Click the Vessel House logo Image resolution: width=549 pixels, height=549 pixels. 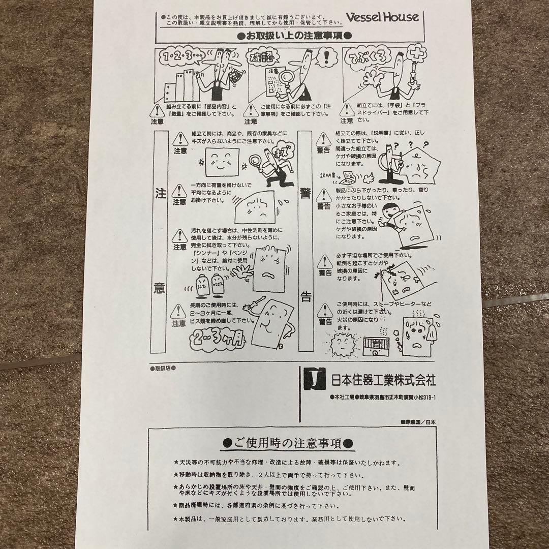[382, 17]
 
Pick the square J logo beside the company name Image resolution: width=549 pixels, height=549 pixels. [314, 378]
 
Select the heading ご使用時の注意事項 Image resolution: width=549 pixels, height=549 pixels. [289, 443]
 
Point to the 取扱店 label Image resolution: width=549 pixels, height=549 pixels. [162, 367]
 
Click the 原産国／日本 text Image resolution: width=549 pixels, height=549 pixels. [418, 421]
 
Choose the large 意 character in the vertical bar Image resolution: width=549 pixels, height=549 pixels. [159, 288]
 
